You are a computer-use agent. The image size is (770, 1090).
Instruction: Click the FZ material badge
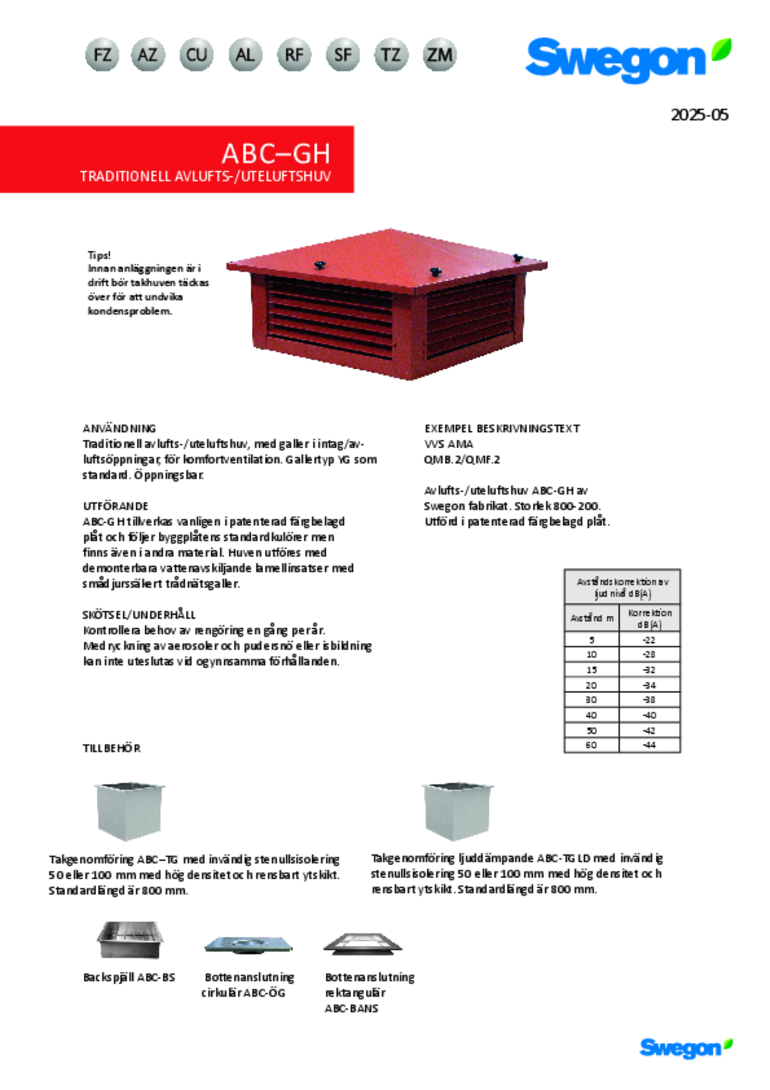[102, 55]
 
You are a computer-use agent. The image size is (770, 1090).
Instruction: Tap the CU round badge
[196, 55]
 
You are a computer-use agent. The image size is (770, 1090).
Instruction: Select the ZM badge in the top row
[439, 55]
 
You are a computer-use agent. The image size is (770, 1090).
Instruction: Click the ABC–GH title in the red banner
[276, 154]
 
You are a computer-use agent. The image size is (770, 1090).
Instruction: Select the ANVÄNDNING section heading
[119, 428]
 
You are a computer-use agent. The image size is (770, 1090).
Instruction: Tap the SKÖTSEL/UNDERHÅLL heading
[139, 615]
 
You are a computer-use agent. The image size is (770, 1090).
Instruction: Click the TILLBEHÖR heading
[112, 748]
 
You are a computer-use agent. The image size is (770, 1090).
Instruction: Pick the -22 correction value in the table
[649, 640]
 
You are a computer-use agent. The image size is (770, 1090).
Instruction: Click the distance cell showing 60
[591, 745]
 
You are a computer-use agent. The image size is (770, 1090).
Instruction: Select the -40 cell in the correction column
[649, 715]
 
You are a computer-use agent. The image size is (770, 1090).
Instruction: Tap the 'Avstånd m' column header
[591, 618]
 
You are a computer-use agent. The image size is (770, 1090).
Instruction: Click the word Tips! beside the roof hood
[99, 255]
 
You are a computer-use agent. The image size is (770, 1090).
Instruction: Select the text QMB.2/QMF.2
[462, 459]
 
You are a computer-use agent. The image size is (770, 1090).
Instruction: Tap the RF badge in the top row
[294, 55]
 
